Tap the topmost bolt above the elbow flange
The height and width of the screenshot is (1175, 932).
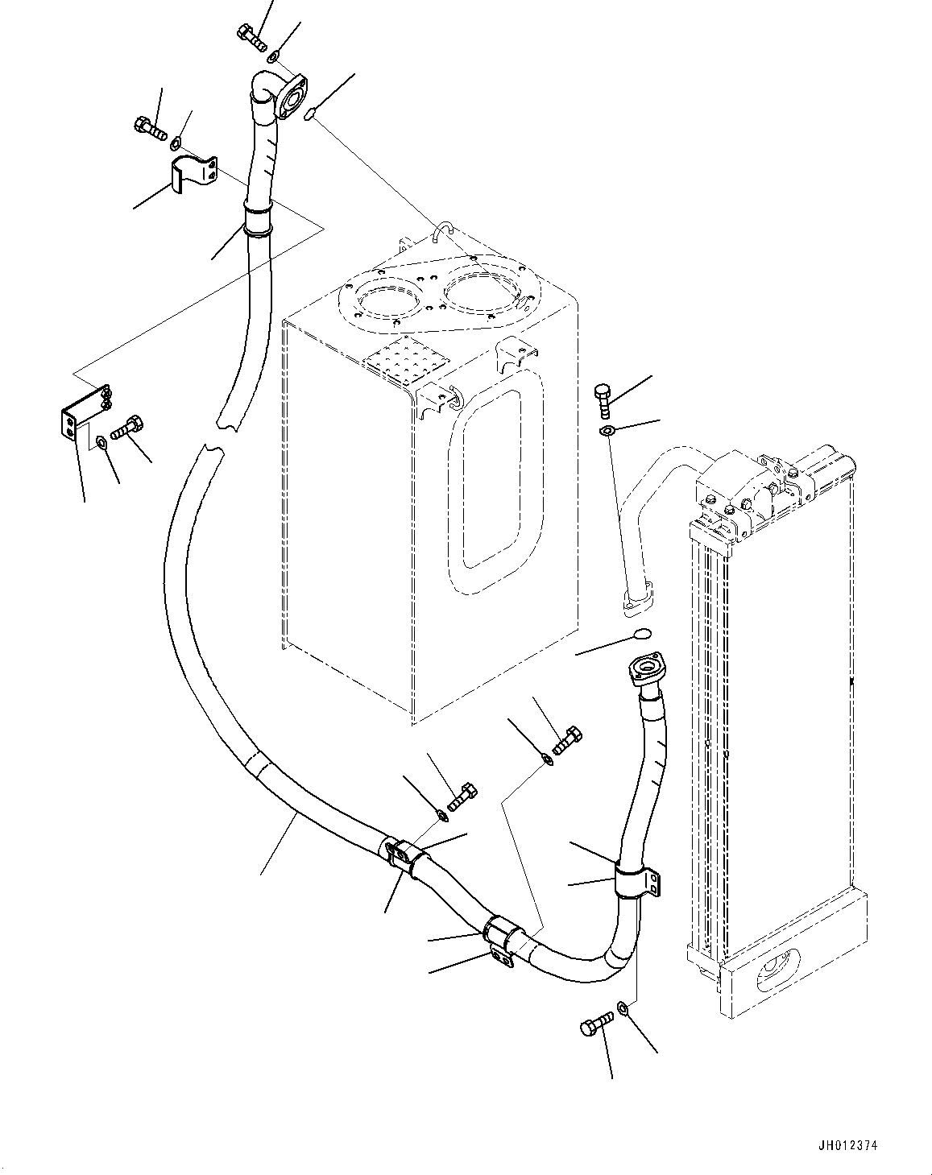[252, 36]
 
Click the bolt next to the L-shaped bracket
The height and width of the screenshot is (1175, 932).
[127, 427]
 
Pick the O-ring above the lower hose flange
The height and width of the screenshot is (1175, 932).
[641, 634]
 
